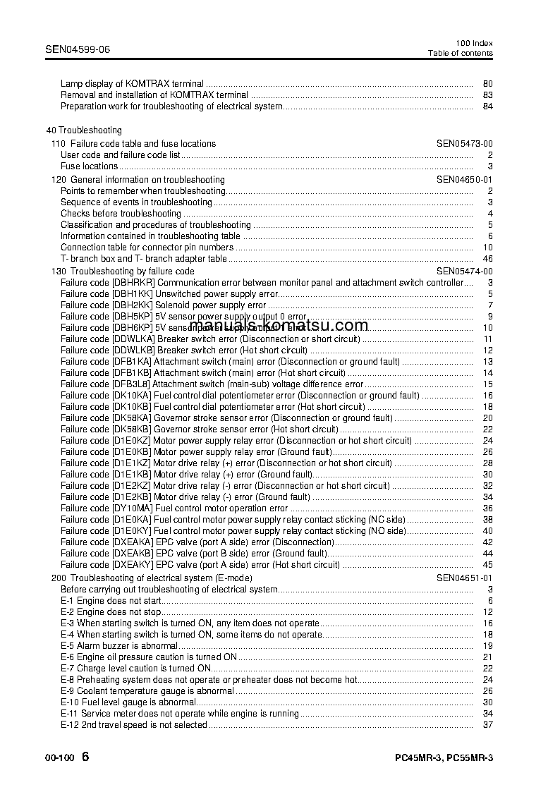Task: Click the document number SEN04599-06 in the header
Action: coord(78,50)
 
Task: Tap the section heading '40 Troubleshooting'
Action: coord(83,130)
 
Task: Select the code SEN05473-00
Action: coord(464,143)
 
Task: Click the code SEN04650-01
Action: coord(464,180)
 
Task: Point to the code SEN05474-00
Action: coord(464,271)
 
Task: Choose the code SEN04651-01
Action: coord(464,578)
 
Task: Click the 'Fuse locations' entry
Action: coord(89,166)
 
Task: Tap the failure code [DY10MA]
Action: coord(132,508)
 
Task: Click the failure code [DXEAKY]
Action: coord(133,564)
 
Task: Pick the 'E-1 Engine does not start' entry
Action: coord(111,601)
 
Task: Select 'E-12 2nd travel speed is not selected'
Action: coord(133,725)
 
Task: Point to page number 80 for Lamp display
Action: coord(487,83)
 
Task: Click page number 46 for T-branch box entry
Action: coord(487,259)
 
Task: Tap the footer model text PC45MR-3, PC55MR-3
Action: coord(444,758)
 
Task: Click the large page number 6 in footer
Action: coord(85,757)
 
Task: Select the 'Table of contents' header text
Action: coord(461,54)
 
